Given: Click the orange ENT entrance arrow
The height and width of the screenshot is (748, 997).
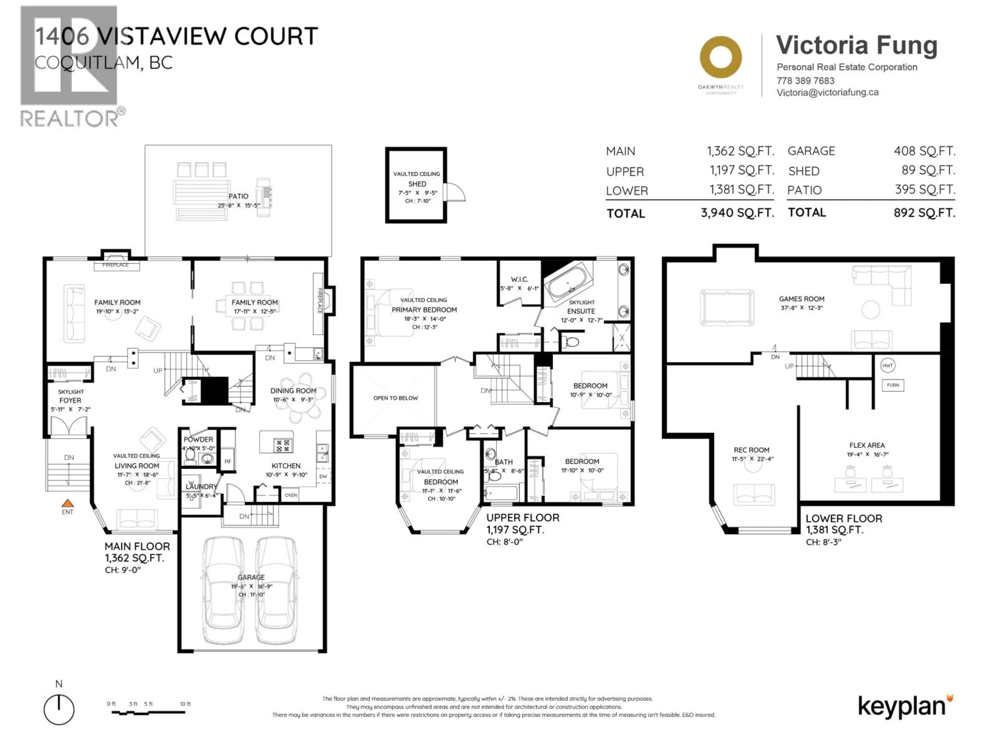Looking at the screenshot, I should coord(68,503).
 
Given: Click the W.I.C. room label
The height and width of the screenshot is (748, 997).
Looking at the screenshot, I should coord(519,279).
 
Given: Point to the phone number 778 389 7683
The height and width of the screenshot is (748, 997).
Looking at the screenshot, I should coord(805,81).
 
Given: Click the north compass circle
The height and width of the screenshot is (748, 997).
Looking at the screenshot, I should coord(59,710).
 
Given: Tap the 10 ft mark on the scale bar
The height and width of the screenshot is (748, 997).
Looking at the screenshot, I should coord(185,704).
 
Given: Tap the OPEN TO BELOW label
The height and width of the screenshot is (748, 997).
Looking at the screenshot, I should coord(395,398).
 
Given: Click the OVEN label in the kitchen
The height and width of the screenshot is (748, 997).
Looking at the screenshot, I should coord(291,495).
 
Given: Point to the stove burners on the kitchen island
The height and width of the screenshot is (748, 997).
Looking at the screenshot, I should coord(283,446).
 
